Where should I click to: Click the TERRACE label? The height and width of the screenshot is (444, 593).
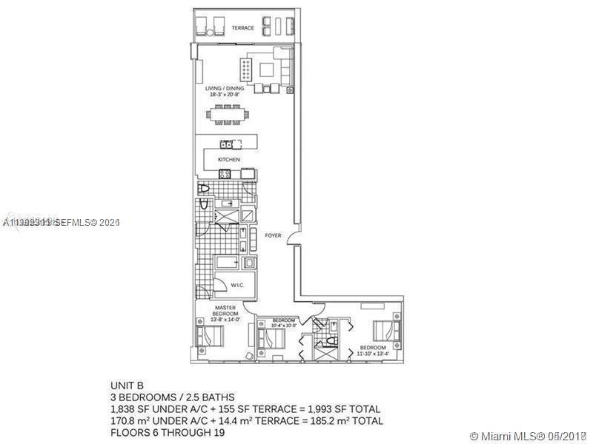coord(242,28)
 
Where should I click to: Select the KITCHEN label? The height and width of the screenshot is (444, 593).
coord(228,159)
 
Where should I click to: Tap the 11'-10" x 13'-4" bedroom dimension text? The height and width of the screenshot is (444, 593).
coord(373,354)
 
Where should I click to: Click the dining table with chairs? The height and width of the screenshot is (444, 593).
coord(231,115)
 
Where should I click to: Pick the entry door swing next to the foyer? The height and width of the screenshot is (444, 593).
coord(294,240)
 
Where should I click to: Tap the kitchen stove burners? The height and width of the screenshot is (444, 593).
coord(225,174)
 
